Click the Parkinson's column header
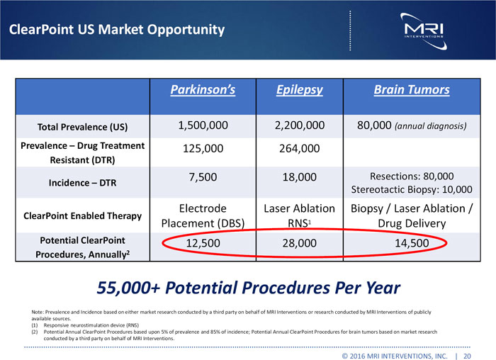click(x=202, y=90)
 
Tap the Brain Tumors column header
click(x=411, y=90)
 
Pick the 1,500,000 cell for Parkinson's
click(x=202, y=126)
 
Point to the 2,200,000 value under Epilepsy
click(x=298, y=126)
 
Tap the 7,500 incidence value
click(x=202, y=176)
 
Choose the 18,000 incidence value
click(x=298, y=176)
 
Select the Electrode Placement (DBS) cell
click(x=202, y=215)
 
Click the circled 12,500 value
click(x=202, y=244)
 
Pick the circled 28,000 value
click(x=298, y=244)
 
